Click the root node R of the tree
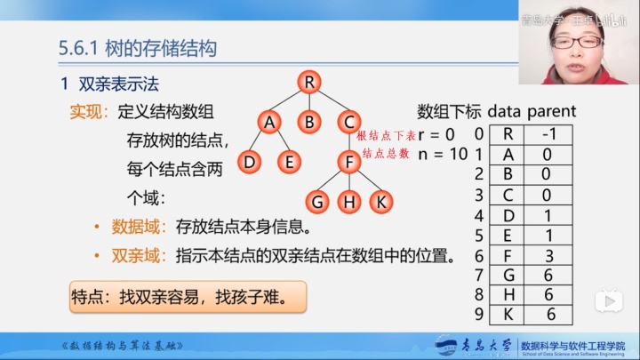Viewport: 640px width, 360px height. (308, 83)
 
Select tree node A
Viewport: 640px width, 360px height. (268, 122)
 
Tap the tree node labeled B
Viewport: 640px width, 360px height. (308, 122)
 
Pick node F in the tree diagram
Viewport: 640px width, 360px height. (349, 162)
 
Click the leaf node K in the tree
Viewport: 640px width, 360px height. (380, 201)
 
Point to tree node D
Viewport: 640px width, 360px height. (250, 162)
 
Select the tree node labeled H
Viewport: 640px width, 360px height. (349, 201)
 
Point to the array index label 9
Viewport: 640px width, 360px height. (478, 314)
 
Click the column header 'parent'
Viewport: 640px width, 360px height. (551, 112)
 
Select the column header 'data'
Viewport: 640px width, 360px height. (503, 112)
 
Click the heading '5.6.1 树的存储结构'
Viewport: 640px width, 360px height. (137, 48)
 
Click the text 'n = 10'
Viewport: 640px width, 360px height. (442, 153)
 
